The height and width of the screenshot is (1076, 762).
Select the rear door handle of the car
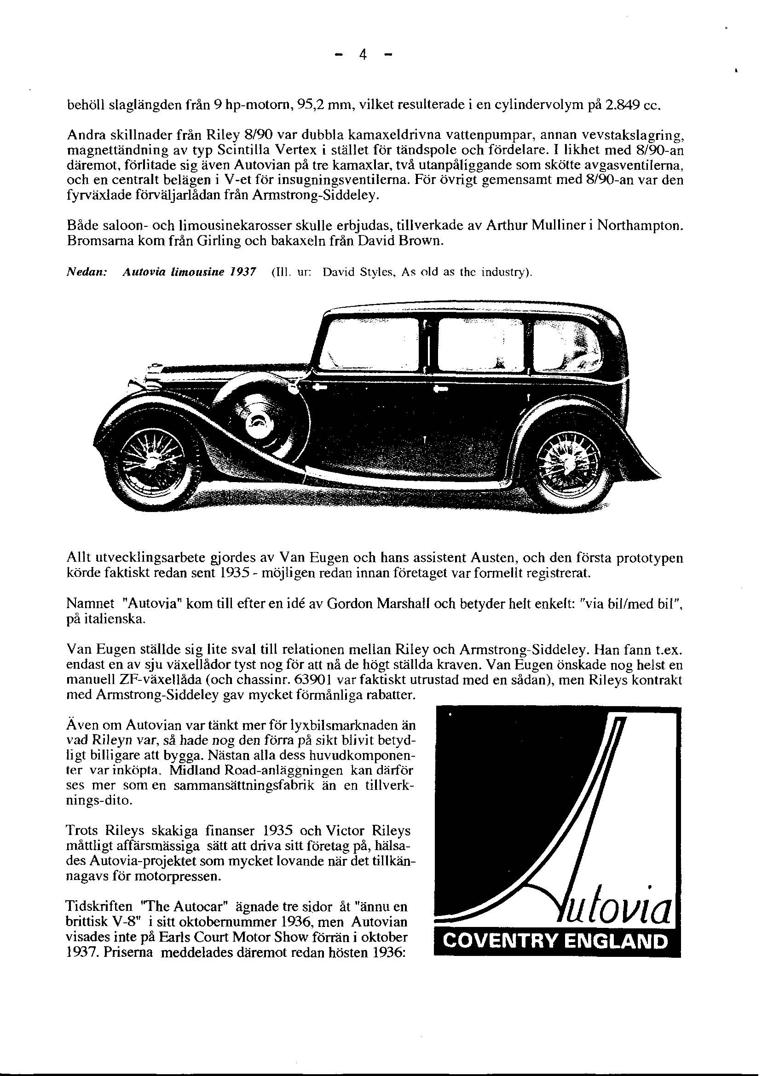point(442,389)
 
